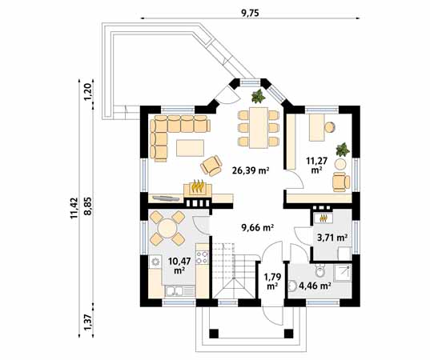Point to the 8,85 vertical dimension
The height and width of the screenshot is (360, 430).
pyautogui.click(x=88, y=210)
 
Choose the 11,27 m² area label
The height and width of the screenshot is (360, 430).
pyautogui.click(x=317, y=164)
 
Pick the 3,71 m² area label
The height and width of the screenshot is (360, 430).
pyautogui.click(x=332, y=238)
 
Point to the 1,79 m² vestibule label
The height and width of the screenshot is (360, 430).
pyautogui.click(x=271, y=280)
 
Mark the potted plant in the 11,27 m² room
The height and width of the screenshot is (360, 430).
pyautogui.click(x=344, y=150)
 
